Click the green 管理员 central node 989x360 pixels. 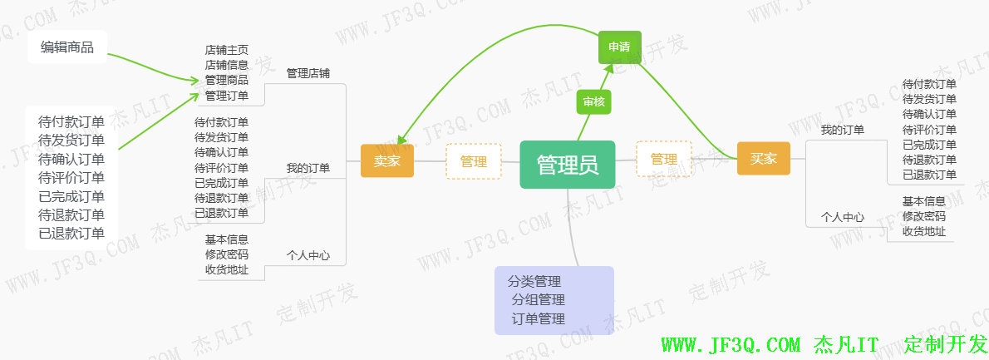[568, 165]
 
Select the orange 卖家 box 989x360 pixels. [386, 161]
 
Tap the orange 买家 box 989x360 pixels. [763, 159]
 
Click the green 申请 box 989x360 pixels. [619, 47]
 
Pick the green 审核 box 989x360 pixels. [593, 101]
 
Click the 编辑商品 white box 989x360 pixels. [67, 47]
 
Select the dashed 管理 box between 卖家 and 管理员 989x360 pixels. [474, 161]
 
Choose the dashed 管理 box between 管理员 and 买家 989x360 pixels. [663, 159]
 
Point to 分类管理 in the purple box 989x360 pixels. [534, 281]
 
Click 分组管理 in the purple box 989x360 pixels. [539, 300]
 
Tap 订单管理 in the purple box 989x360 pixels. [539, 319]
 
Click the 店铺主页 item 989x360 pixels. [226, 50]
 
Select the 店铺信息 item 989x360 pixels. [226, 65]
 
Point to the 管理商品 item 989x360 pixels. [226, 80]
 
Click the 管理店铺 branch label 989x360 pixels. [308, 73]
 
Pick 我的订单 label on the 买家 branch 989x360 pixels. [842, 130]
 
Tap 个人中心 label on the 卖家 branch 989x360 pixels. [308, 255]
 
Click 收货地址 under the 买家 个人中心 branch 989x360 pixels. [923, 231]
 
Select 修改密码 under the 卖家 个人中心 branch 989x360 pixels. [226, 254]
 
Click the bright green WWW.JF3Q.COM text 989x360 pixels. [731, 344]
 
